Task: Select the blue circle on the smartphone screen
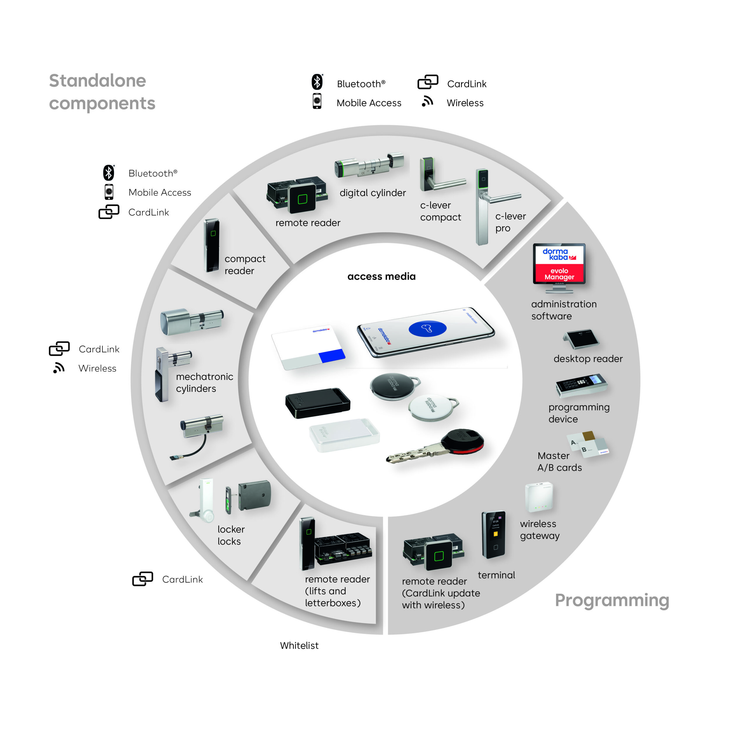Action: pyautogui.click(x=427, y=329)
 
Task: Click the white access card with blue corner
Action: pyautogui.click(x=307, y=347)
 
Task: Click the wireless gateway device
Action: pyautogui.click(x=539, y=497)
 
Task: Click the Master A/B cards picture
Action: pyautogui.click(x=588, y=445)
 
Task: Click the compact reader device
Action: pyautogui.click(x=212, y=245)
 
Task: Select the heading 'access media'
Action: pyautogui.click(x=381, y=276)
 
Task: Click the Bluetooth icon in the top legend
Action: pyautogui.click(x=317, y=82)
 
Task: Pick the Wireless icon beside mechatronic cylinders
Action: pyautogui.click(x=59, y=368)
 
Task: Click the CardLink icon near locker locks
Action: pyautogui.click(x=143, y=579)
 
